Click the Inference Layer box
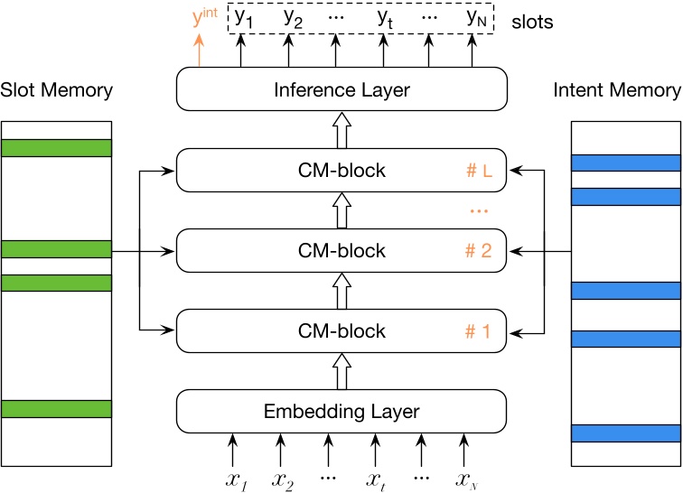point(341,89)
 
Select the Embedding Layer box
point(341,411)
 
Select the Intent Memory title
point(625,89)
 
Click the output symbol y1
point(241,16)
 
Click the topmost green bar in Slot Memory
point(56,147)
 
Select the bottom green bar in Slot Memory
point(56,409)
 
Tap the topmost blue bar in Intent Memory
point(625,163)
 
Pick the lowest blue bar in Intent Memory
point(625,433)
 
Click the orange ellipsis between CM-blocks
point(479,210)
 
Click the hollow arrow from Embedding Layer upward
point(341,370)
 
